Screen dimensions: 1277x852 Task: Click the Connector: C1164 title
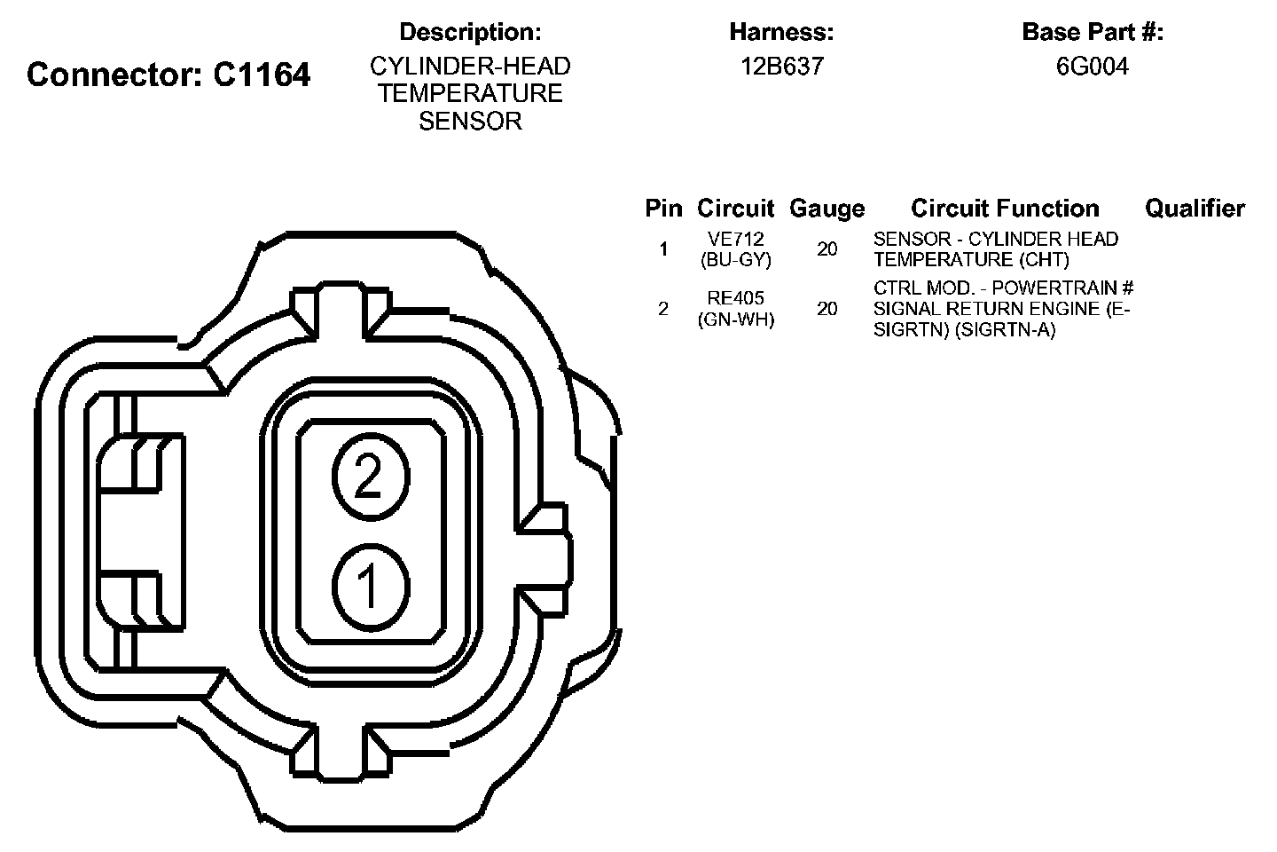point(168,75)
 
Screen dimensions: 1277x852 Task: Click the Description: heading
point(470,33)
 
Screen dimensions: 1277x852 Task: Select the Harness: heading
point(781,32)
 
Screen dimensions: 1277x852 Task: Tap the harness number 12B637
point(782,67)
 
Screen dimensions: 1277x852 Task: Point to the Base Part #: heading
point(1093,32)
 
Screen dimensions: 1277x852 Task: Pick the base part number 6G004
point(1093,67)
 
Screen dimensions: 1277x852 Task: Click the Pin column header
point(663,209)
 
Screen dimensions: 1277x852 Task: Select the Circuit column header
point(735,209)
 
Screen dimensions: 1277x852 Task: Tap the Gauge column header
point(827,209)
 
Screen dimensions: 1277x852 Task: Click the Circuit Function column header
point(1005,209)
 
